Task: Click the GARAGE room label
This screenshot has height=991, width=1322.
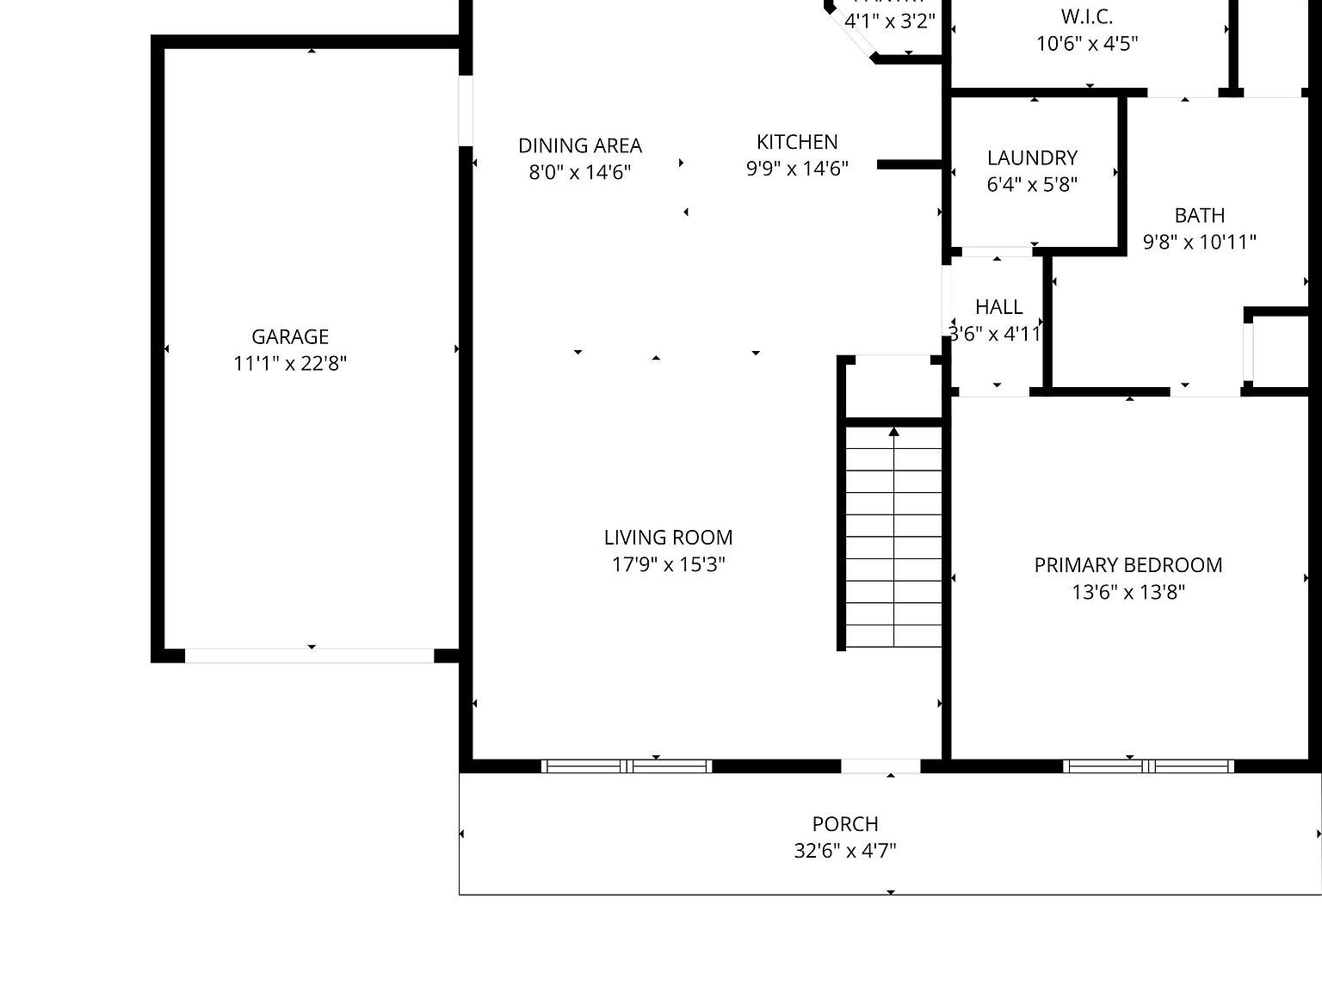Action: tap(290, 336)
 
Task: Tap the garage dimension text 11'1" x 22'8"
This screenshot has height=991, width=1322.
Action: tap(290, 363)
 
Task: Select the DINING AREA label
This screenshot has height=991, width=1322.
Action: tap(580, 145)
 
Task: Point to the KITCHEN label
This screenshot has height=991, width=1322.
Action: tap(797, 142)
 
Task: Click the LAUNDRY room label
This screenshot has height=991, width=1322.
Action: tap(1032, 157)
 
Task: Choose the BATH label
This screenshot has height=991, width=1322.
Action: tap(1200, 215)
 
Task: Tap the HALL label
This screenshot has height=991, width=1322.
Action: tap(998, 307)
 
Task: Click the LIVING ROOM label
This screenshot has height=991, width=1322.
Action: tap(668, 538)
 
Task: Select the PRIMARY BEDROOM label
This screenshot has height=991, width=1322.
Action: tap(1128, 565)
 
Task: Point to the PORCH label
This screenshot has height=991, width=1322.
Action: tap(845, 824)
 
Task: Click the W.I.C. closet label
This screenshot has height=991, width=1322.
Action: tap(1087, 16)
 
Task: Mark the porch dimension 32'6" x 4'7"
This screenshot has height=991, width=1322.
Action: tap(845, 851)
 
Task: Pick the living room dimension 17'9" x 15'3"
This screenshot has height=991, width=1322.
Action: tap(668, 564)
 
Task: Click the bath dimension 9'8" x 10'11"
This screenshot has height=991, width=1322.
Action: tap(1200, 242)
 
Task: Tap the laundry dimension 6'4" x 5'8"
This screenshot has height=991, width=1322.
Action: tap(1032, 184)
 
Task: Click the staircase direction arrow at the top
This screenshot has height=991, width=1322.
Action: tap(894, 432)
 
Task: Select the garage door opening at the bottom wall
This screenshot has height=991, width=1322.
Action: tap(309, 656)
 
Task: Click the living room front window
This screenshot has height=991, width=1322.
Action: tap(627, 766)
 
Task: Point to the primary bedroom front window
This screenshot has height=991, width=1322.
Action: tap(1148, 766)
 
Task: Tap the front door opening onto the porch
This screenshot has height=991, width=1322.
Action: tap(880, 766)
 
